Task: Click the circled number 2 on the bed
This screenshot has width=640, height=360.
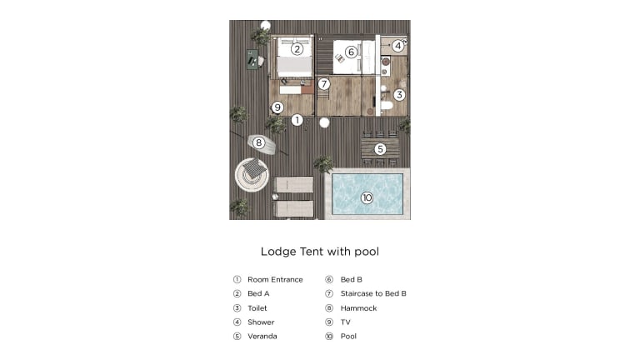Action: click(297, 49)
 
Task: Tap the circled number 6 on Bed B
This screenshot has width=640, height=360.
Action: click(351, 52)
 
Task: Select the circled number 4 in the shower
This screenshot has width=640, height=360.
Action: click(398, 46)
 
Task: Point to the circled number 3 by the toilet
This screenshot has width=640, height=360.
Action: click(399, 95)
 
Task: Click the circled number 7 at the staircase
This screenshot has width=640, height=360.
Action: click(324, 84)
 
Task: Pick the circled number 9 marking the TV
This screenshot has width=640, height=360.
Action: click(277, 107)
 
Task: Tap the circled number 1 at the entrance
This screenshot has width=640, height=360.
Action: click(297, 120)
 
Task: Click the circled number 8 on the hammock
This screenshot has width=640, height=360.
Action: click(258, 142)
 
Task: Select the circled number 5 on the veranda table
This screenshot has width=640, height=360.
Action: click(380, 149)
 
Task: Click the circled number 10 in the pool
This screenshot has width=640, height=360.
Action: click(367, 198)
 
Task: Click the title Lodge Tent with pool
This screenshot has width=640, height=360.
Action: click(320, 252)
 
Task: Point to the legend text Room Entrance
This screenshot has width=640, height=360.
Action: click(275, 280)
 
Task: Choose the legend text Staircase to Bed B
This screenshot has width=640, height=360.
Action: click(373, 293)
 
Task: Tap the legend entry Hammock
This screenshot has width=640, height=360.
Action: click(359, 308)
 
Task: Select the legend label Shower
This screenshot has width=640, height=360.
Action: click(261, 322)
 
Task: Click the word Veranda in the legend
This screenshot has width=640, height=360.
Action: click(262, 337)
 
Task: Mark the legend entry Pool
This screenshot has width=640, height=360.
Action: click(348, 337)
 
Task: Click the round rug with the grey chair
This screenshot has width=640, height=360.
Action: click(252, 175)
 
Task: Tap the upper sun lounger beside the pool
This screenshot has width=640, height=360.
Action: click(293, 184)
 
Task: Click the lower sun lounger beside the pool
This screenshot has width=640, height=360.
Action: click(293, 208)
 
